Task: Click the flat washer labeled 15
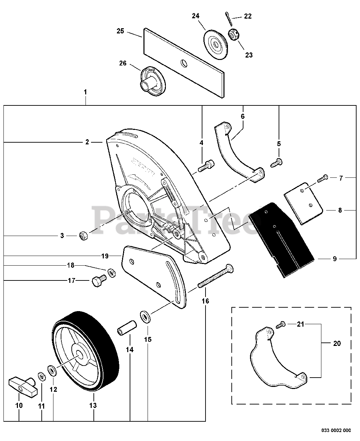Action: click(x=145, y=316)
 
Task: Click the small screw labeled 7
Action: click(x=321, y=178)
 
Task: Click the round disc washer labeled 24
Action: click(x=215, y=42)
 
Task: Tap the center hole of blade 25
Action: click(x=184, y=63)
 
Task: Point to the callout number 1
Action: click(x=85, y=92)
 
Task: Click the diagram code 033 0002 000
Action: click(x=336, y=430)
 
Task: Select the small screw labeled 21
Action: click(x=281, y=324)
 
